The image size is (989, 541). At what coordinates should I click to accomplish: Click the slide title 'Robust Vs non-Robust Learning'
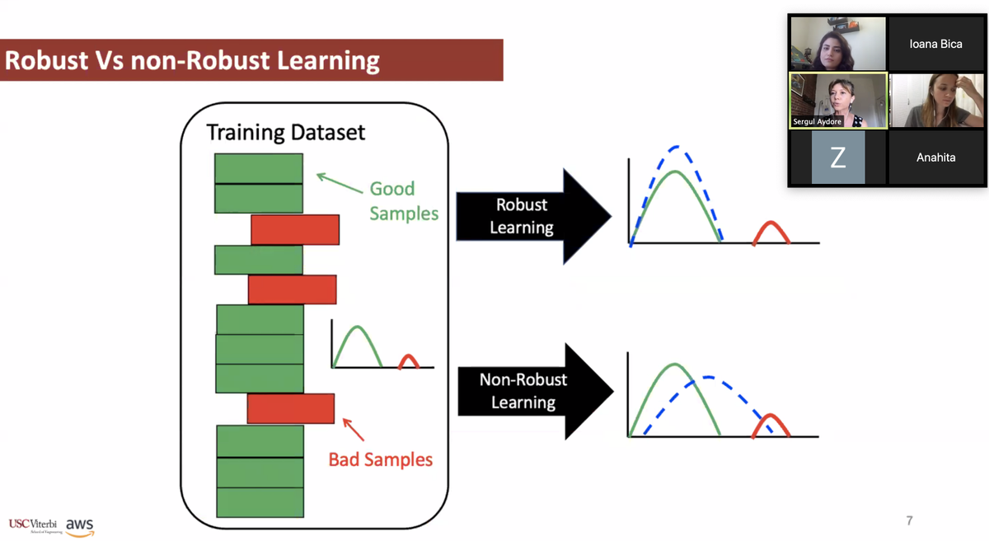coord(192,61)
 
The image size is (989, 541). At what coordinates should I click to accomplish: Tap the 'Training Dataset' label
coord(285,132)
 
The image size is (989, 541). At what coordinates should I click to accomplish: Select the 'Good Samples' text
coord(403,200)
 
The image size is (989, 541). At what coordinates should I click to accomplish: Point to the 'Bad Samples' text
coord(380,459)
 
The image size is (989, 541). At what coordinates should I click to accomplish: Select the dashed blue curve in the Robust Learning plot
coord(675,148)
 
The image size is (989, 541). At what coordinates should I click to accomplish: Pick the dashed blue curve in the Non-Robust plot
coord(709,379)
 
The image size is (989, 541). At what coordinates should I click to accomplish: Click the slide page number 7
coord(909,520)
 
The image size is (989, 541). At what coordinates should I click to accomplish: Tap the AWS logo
coord(80,525)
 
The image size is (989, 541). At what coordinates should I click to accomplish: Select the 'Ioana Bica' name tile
coord(935,44)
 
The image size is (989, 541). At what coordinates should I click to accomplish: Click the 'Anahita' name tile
coord(935,157)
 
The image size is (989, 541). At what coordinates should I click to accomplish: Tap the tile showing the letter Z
coord(837,158)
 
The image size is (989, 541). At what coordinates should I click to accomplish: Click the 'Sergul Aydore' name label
coord(818,121)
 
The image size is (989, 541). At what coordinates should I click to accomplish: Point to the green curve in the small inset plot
coord(357,330)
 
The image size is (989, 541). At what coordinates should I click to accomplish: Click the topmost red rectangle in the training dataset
coord(295,229)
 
